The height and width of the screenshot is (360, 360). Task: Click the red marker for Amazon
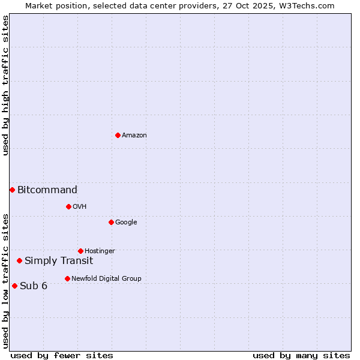tap(118, 135)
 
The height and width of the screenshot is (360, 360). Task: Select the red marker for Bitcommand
tap(12, 190)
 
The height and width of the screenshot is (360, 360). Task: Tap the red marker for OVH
tap(68, 206)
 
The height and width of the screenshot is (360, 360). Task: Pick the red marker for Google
tap(111, 222)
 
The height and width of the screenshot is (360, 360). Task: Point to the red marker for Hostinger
tap(80, 251)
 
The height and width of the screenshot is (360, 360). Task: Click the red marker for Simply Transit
tap(19, 260)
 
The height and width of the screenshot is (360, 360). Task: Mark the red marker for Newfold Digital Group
tap(67, 278)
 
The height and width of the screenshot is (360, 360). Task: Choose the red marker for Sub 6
tap(14, 286)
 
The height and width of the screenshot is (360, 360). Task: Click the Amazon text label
tap(134, 136)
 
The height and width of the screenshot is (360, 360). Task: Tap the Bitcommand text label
tap(47, 190)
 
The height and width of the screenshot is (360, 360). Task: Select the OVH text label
tap(80, 207)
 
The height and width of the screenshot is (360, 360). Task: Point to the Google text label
tap(126, 223)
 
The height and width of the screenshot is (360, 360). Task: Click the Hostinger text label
tap(100, 251)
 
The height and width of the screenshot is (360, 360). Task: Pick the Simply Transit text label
tap(59, 261)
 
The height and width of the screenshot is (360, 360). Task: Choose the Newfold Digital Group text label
tap(106, 279)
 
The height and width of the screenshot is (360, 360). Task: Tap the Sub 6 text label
tap(34, 286)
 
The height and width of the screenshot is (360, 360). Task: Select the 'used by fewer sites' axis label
tap(62, 355)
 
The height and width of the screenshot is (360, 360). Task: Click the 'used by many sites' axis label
tap(301, 355)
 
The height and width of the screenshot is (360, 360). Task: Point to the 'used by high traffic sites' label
tap(5, 85)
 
